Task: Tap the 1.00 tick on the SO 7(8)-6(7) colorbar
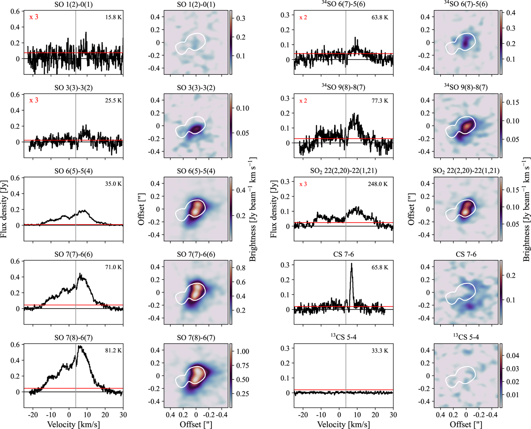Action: click(245, 351)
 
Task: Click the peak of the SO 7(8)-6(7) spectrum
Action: click(80, 346)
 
